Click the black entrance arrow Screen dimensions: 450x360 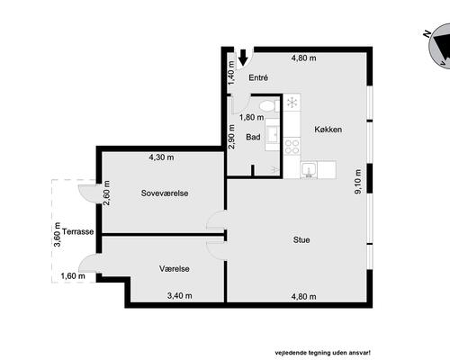(243, 57)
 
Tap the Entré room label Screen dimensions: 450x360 (258, 77)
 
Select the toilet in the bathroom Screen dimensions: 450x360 (269, 106)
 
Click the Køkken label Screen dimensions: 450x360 (328, 130)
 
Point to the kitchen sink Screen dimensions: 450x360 (309, 170)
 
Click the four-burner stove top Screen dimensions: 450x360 (292, 147)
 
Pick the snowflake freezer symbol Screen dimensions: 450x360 (292, 103)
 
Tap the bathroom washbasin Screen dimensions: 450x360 (273, 134)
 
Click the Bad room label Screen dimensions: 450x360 (253, 137)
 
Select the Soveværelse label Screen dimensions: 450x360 (165, 193)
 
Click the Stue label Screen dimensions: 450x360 (301, 239)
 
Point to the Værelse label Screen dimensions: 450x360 (175, 268)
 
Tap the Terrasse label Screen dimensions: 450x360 (78, 231)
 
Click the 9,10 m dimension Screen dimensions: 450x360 (358, 182)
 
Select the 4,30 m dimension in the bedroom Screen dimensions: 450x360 (161, 157)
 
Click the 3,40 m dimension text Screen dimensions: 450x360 (180, 295)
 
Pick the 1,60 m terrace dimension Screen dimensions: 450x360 (73, 275)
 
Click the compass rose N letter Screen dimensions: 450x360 (427, 34)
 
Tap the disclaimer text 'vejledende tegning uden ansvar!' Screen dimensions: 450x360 (323, 353)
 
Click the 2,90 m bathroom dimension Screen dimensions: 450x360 (231, 137)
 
